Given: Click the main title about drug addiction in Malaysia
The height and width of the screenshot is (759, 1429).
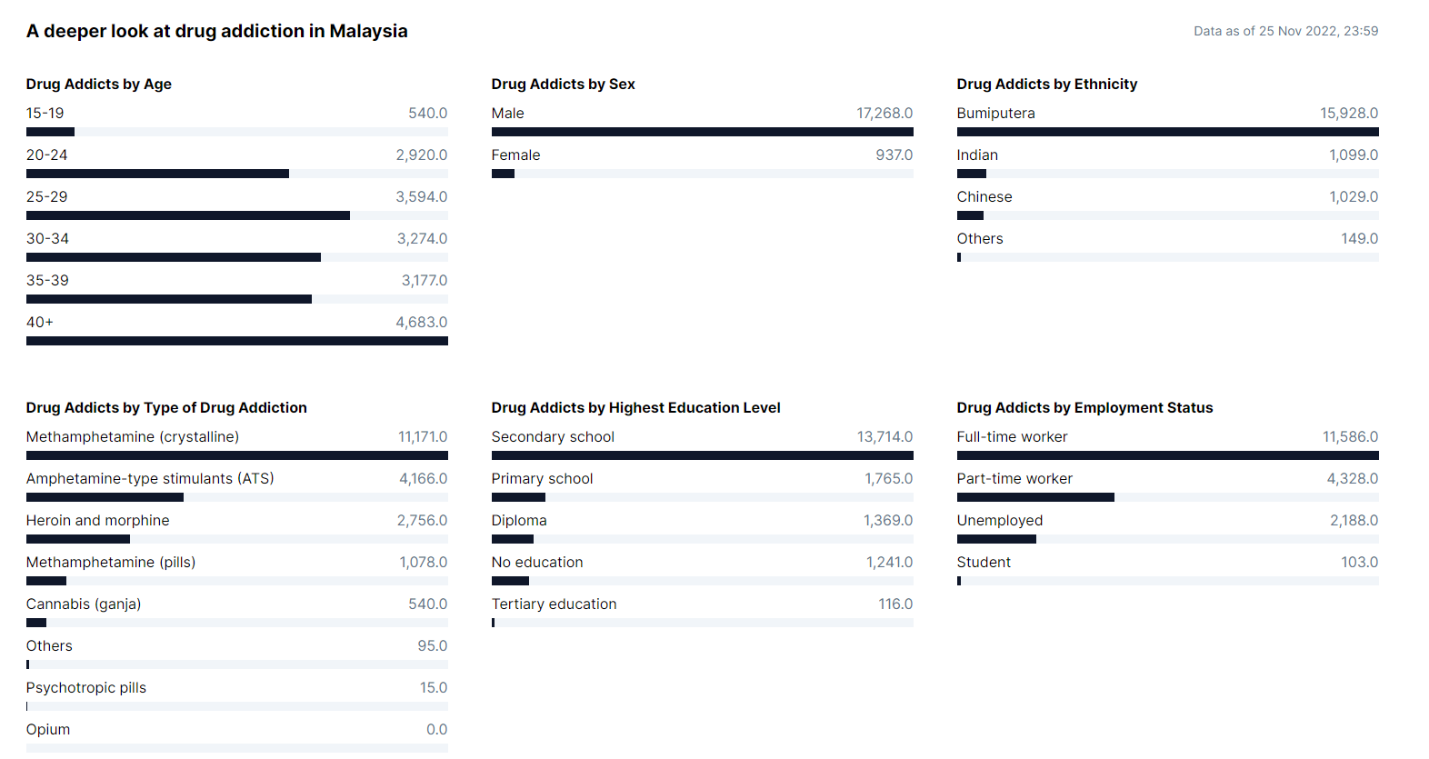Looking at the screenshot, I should pos(216,31).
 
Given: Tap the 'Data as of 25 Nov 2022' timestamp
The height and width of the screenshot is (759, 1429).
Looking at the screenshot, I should pos(1285,31).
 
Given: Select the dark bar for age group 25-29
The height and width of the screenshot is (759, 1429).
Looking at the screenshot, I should pos(187,215).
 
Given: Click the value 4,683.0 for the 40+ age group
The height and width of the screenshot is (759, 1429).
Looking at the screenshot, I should pos(421,322).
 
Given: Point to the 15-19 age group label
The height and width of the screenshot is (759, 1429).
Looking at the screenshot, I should pos(45,113).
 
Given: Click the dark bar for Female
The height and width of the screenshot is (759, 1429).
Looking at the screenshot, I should pos(503,174).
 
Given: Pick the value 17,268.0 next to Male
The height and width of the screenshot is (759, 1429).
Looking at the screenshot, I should pos(884,113).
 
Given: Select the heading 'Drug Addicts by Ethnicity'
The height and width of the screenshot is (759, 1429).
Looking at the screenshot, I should pos(1046,84).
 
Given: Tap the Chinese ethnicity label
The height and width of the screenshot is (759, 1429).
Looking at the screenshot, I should pos(984,196).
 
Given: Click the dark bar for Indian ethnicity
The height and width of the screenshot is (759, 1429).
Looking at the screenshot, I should pos(971,174).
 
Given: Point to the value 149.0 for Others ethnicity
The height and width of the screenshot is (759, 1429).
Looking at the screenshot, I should pos(1359,238).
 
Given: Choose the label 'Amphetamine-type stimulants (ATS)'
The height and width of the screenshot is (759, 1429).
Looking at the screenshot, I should pos(150,478).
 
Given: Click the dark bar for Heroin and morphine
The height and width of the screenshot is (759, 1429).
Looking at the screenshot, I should pos(78,539).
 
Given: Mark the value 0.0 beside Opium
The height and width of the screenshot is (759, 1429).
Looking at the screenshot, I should pos(436,729).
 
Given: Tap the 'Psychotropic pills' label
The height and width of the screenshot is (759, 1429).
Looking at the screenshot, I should pos(85,687).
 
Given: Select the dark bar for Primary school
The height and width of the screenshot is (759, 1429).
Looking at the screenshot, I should pos(518,497).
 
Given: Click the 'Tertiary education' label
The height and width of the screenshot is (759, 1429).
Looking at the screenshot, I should pos(554,604).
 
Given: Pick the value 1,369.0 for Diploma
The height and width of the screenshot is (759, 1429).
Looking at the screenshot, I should pos(887,520).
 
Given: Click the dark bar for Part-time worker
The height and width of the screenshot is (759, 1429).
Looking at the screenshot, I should pos(1035,497).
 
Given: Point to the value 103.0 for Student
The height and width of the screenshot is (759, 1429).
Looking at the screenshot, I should pos(1359,562).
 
